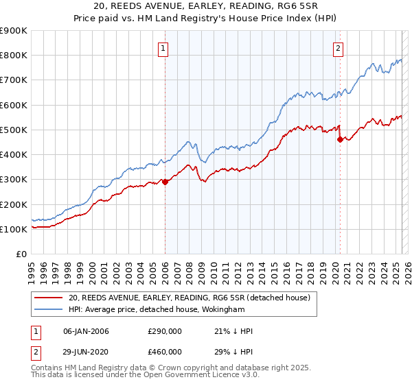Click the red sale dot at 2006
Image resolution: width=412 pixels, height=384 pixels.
pos(165,182)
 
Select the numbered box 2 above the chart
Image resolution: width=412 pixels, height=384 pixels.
pos(339,48)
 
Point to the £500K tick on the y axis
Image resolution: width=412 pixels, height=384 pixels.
pos(14,130)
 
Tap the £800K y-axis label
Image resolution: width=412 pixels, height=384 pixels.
pos(14,55)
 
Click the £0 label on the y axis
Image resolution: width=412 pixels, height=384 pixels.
pos(21,254)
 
